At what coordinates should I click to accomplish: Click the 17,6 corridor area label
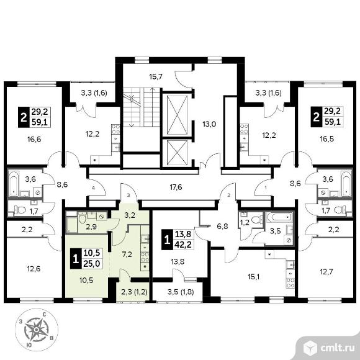click(x=176, y=187)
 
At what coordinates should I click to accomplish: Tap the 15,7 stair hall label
click(x=156, y=77)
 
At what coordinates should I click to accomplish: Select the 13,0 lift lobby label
click(x=209, y=124)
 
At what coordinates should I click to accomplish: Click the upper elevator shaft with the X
click(x=178, y=115)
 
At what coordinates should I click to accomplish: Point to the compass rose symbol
click(x=36, y=330)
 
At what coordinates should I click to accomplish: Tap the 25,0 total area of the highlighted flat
click(x=91, y=264)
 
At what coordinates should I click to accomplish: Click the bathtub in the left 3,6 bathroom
click(x=14, y=183)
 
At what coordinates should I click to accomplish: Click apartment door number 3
click(x=128, y=196)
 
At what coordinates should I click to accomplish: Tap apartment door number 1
click(x=266, y=188)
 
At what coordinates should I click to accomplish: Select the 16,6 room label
click(x=34, y=139)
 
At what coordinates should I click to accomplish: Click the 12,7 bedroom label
click(x=326, y=272)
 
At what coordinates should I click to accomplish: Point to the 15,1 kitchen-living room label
click(x=254, y=277)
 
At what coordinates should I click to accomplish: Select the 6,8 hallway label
click(x=222, y=227)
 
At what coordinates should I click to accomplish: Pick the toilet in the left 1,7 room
click(x=20, y=210)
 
